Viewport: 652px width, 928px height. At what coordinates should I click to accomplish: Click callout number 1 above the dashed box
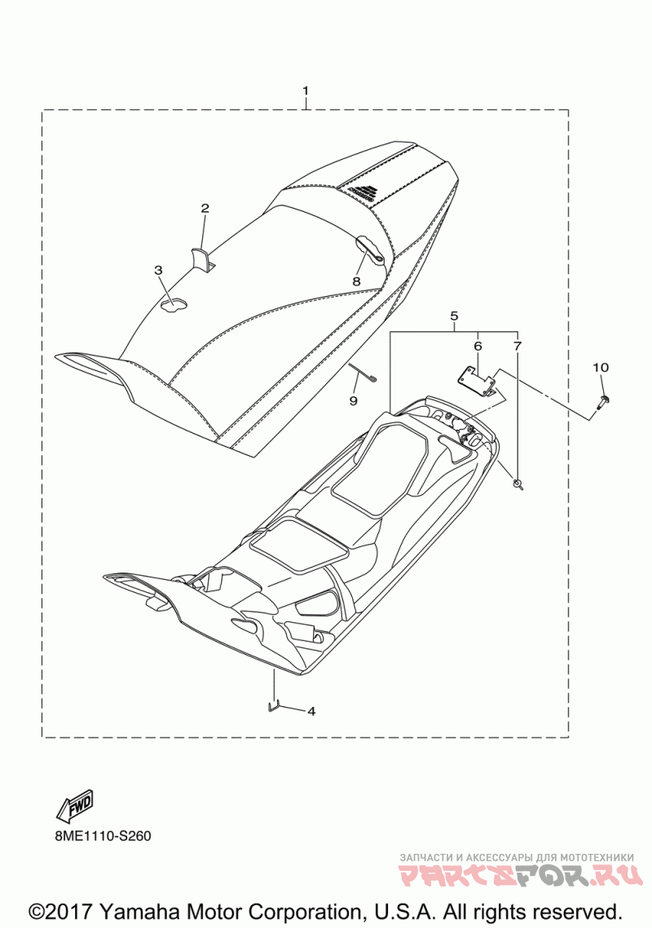(306, 91)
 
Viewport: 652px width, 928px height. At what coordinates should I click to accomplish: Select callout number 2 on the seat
(205, 208)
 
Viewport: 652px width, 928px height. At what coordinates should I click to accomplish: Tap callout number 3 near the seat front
(158, 271)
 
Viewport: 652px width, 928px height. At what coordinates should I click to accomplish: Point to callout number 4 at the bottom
(311, 711)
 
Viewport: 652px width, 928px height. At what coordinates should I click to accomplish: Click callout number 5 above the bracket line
(454, 316)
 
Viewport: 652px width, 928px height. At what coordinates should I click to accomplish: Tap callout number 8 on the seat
(356, 281)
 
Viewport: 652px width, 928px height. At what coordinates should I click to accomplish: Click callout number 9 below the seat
(353, 400)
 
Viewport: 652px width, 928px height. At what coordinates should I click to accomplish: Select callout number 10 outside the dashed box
(601, 368)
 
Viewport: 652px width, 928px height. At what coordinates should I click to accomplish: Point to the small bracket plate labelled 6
(476, 382)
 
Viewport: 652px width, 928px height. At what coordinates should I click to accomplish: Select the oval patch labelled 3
(173, 304)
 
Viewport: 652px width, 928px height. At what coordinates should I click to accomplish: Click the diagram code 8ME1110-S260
(92, 837)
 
